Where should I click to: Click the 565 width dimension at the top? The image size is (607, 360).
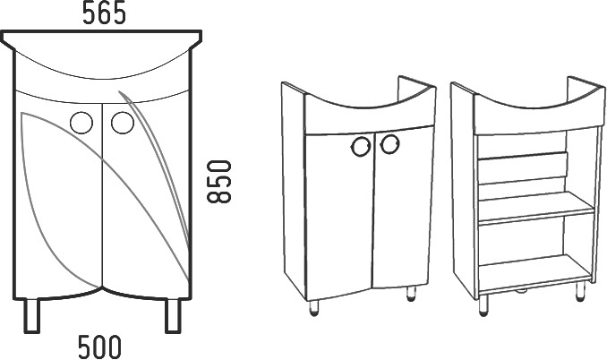104,13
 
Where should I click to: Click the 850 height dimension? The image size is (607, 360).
219,182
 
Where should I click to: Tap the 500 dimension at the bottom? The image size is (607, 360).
99,347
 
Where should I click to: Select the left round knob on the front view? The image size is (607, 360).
81,123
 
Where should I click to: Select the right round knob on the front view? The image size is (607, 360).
123,123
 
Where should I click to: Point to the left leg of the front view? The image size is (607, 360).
31,315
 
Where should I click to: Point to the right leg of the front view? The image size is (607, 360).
173,315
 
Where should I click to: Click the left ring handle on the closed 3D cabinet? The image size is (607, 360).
361,147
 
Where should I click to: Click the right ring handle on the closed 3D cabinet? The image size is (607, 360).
389,144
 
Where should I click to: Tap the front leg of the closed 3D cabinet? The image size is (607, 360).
314,308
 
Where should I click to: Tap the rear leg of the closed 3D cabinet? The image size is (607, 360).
411,294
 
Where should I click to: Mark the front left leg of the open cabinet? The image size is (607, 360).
483,305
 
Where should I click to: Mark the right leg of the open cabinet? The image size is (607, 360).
580,291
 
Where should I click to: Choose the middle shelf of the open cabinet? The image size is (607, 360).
536,209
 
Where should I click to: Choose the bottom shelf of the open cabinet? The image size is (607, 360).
535,272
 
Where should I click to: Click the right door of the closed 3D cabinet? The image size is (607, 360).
403,206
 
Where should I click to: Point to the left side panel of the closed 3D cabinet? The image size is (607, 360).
294,191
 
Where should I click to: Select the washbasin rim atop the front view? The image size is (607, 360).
101,39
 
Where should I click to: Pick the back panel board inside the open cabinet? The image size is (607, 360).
523,168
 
